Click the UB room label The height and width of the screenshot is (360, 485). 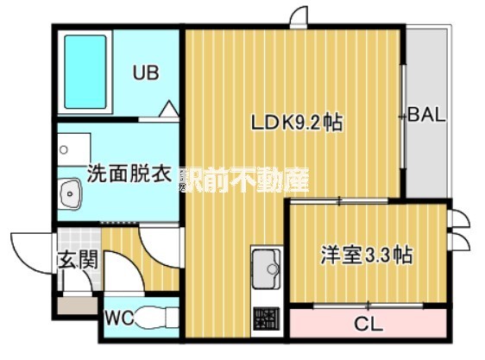146,73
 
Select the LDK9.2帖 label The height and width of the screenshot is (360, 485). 297,123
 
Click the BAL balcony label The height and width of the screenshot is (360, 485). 426,115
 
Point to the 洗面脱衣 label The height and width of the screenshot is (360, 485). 128,173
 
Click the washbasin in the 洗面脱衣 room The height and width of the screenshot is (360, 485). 68,195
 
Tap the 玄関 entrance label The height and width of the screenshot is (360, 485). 77,259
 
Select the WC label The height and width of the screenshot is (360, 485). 118,317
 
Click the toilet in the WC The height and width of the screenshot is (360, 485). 155,319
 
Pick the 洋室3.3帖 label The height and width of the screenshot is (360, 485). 366,256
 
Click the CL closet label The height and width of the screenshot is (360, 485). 368,325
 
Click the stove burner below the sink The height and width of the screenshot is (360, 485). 266,319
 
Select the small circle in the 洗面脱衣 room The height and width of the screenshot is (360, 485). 63,149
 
